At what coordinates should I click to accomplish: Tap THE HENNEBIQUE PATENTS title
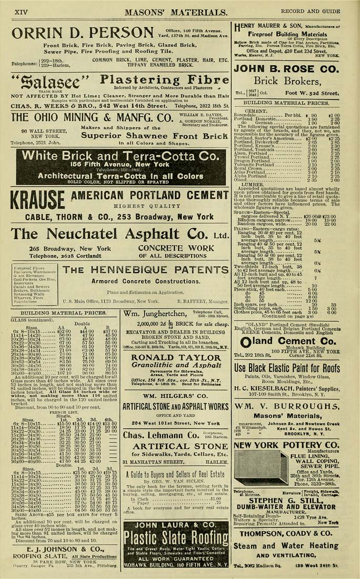pyautogui.click(x=145, y=269)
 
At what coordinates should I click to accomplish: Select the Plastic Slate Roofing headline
pyautogui.click(x=175, y=537)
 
